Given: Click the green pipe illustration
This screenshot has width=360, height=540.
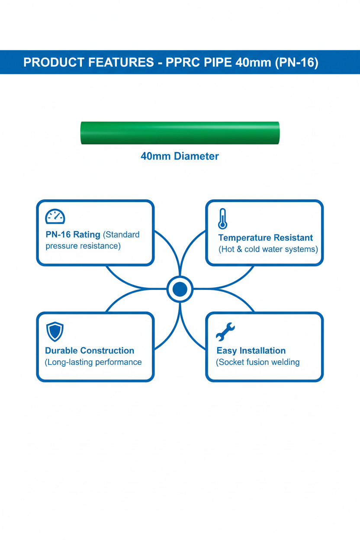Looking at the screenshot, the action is [180, 133].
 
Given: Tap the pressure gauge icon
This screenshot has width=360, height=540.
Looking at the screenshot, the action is [55, 216].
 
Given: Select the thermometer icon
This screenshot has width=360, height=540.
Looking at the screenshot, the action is [222, 219].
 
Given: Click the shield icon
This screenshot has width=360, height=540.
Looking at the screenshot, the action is [55, 331].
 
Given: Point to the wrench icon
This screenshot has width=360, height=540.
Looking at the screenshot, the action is [225, 332].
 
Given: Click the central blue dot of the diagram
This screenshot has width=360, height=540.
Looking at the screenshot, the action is [180, 289].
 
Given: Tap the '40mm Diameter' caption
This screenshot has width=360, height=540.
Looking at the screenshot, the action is [180, 156].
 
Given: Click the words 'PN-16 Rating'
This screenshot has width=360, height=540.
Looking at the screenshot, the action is [73, 235].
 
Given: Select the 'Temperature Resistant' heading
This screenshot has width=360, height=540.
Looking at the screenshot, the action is [266, 238].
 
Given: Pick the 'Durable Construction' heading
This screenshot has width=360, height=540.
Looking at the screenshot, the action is [90, 350].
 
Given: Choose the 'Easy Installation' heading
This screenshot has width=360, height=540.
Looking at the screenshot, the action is [251, 351].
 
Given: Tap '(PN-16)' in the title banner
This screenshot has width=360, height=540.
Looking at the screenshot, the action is [297, 63].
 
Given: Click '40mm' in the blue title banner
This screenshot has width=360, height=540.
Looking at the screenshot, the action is [253, 62].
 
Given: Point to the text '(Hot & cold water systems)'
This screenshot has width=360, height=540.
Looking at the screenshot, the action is [268, 249].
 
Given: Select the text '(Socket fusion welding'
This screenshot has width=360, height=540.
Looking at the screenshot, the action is [258, 362].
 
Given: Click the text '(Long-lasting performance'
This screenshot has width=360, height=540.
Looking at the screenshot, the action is [93, 362].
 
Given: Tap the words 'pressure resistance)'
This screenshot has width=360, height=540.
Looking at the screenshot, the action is [83, 246].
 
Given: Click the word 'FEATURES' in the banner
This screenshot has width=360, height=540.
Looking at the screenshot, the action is [121, 62].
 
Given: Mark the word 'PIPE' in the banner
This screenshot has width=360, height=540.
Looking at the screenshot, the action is [218, 62].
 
